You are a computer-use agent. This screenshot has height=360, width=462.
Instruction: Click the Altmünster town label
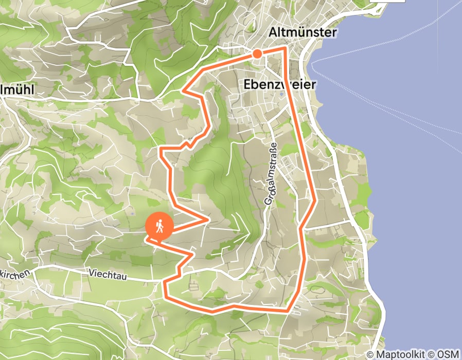click(303, 32)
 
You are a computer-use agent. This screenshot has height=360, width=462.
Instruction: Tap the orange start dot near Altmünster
click(257, 53)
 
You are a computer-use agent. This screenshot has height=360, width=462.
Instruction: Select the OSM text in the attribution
click(448, 354)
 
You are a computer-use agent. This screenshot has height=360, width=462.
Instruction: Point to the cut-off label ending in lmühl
click(17, 89)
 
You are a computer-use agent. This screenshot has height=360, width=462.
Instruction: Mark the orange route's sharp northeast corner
click(286, 48)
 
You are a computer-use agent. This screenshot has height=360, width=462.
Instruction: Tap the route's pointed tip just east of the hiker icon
click(208, 220)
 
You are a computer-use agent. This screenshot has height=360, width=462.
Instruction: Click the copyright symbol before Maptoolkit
click(370, 354)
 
